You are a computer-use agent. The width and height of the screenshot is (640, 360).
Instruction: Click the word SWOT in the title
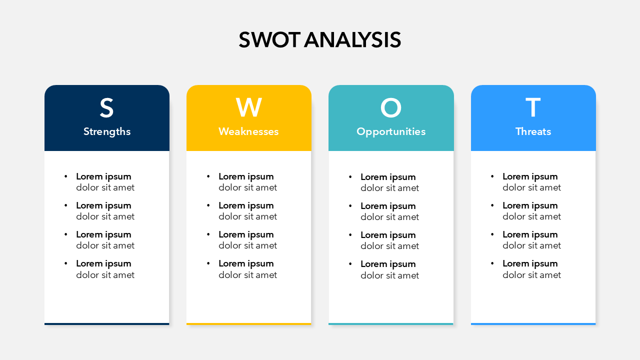click(x=269, y=39)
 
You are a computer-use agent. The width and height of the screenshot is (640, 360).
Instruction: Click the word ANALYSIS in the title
click(x=352, y=39)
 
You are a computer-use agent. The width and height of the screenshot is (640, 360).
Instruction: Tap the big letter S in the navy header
click(x=106, y=107)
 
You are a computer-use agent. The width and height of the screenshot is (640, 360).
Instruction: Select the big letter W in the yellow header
click(x=249, y=107)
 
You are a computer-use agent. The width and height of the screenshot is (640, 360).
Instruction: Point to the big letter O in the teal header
click(x=391, y=107)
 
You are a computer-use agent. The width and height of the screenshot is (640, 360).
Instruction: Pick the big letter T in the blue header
click(x=533, y=107)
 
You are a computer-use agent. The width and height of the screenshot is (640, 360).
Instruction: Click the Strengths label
click(x=107, y=131)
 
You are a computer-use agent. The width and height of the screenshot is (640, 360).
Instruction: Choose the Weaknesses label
click(x=248, y=131)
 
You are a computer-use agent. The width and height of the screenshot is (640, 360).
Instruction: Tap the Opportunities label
click(x=391, y=132)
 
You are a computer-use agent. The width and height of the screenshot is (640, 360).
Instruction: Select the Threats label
click(x=533, y=131)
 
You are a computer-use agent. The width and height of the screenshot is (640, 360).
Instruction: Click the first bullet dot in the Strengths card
click(x=66, y=176)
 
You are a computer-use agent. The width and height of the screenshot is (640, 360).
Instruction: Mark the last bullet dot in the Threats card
click(x=492, y=263)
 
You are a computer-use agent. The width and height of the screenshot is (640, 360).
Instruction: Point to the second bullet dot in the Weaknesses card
click(x=208, y=205)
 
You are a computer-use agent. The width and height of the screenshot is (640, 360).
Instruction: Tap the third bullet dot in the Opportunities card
click(x=350, y=235)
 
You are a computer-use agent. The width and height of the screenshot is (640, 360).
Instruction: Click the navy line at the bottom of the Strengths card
click(x=107, y=324)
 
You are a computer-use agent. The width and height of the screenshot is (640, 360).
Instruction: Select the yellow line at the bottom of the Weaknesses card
click(x=249, y=324)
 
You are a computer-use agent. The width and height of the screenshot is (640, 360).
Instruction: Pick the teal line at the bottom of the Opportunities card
click(x=391, y=324)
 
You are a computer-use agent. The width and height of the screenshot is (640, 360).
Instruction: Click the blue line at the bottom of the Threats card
click(x=533, y=324)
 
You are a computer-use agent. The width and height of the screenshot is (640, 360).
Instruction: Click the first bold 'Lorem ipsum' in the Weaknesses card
click(x=246, y=177)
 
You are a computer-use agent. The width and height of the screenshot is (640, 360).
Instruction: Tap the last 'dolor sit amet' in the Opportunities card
click(x=389, y=275)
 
